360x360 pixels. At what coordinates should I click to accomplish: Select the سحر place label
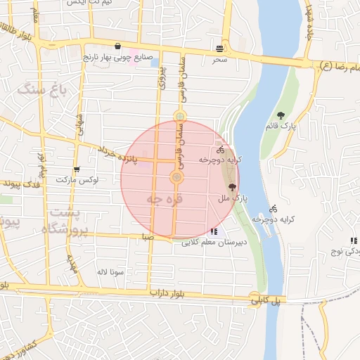click(220, 60)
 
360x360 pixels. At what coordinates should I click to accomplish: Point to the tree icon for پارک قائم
click(281, 115)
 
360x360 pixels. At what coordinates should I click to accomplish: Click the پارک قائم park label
click(281, 127)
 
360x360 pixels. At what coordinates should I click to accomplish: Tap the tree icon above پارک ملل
click(232, 186)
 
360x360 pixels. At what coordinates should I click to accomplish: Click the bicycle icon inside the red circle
click(220, 150)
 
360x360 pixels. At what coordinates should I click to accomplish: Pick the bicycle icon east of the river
click(273, 209)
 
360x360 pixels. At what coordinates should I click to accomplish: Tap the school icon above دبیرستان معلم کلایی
click(214, 231)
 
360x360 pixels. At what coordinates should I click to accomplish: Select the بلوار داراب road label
click(169, 291)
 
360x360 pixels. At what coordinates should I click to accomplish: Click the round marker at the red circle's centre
click(177, 179)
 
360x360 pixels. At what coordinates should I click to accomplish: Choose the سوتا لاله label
click(111, 270)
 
